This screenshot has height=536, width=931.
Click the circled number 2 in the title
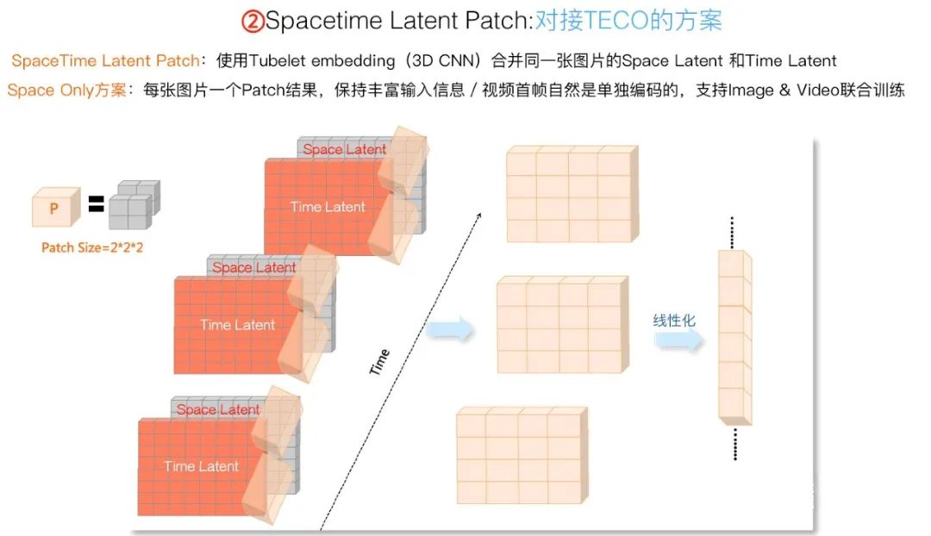point(253,22)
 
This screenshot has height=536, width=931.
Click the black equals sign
point(97,203)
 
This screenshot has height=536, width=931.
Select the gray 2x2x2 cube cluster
point(134,204)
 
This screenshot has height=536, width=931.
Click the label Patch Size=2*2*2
point(92,247)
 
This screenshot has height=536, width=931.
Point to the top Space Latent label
point(344,149)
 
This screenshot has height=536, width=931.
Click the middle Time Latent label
point(238,325)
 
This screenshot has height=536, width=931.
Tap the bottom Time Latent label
point(201,466)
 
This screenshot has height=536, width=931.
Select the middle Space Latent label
point(253,268)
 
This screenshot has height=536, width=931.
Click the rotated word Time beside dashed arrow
point(379,362)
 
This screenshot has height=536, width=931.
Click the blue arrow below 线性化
point(678,340)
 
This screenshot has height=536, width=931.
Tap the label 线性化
point(674,321)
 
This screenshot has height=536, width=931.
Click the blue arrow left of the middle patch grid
point(449,328)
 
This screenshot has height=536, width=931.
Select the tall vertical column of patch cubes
point(735,338)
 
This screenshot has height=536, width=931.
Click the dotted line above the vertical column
point(732,233)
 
